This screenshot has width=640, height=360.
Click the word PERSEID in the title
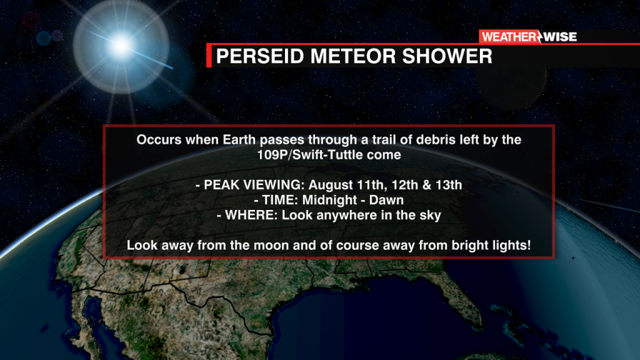(x=260, y=56)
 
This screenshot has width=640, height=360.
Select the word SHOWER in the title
(x=447, y=56)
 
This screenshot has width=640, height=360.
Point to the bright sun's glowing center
(x=121, y=45)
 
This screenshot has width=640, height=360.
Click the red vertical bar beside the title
(x=209, y=56)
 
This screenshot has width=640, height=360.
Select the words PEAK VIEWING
(x=254, y=185)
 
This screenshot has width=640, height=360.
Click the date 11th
(x=371, y=185)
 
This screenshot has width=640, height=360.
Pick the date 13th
(x=449, y=185)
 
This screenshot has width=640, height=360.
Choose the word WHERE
(x=251, y=215)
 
